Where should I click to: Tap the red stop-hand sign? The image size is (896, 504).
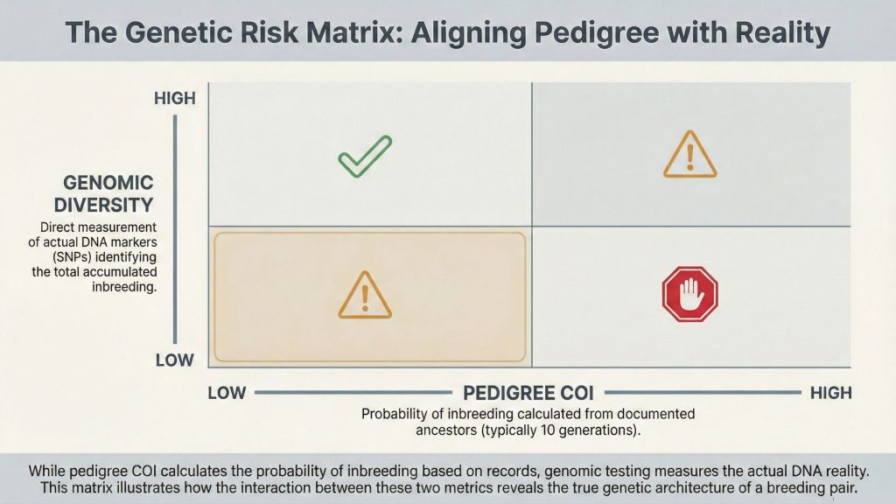point(689,294)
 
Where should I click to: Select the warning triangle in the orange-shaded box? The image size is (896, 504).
point(365,295)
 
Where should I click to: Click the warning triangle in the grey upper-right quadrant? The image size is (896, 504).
point(689,154)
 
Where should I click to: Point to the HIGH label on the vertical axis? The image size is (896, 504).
point(175,98)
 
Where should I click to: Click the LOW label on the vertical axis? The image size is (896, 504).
point(175,360)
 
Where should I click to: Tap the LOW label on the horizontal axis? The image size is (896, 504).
point(227,393)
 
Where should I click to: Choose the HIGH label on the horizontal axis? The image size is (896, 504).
point(831,393)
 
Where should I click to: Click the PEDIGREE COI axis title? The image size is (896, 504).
point(528,393)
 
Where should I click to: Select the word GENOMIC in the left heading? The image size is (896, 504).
point(108,183)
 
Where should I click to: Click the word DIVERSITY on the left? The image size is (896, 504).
point(104,205)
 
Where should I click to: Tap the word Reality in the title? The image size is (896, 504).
point(783,33)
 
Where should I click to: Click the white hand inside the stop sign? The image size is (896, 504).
point(689,294)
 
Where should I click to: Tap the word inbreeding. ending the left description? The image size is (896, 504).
point(124,287)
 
